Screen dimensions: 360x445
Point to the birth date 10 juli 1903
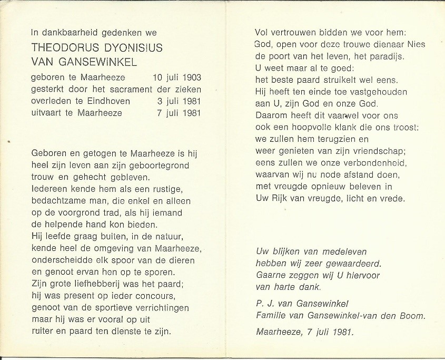(176, 77)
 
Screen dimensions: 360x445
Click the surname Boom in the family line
(413, 316)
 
